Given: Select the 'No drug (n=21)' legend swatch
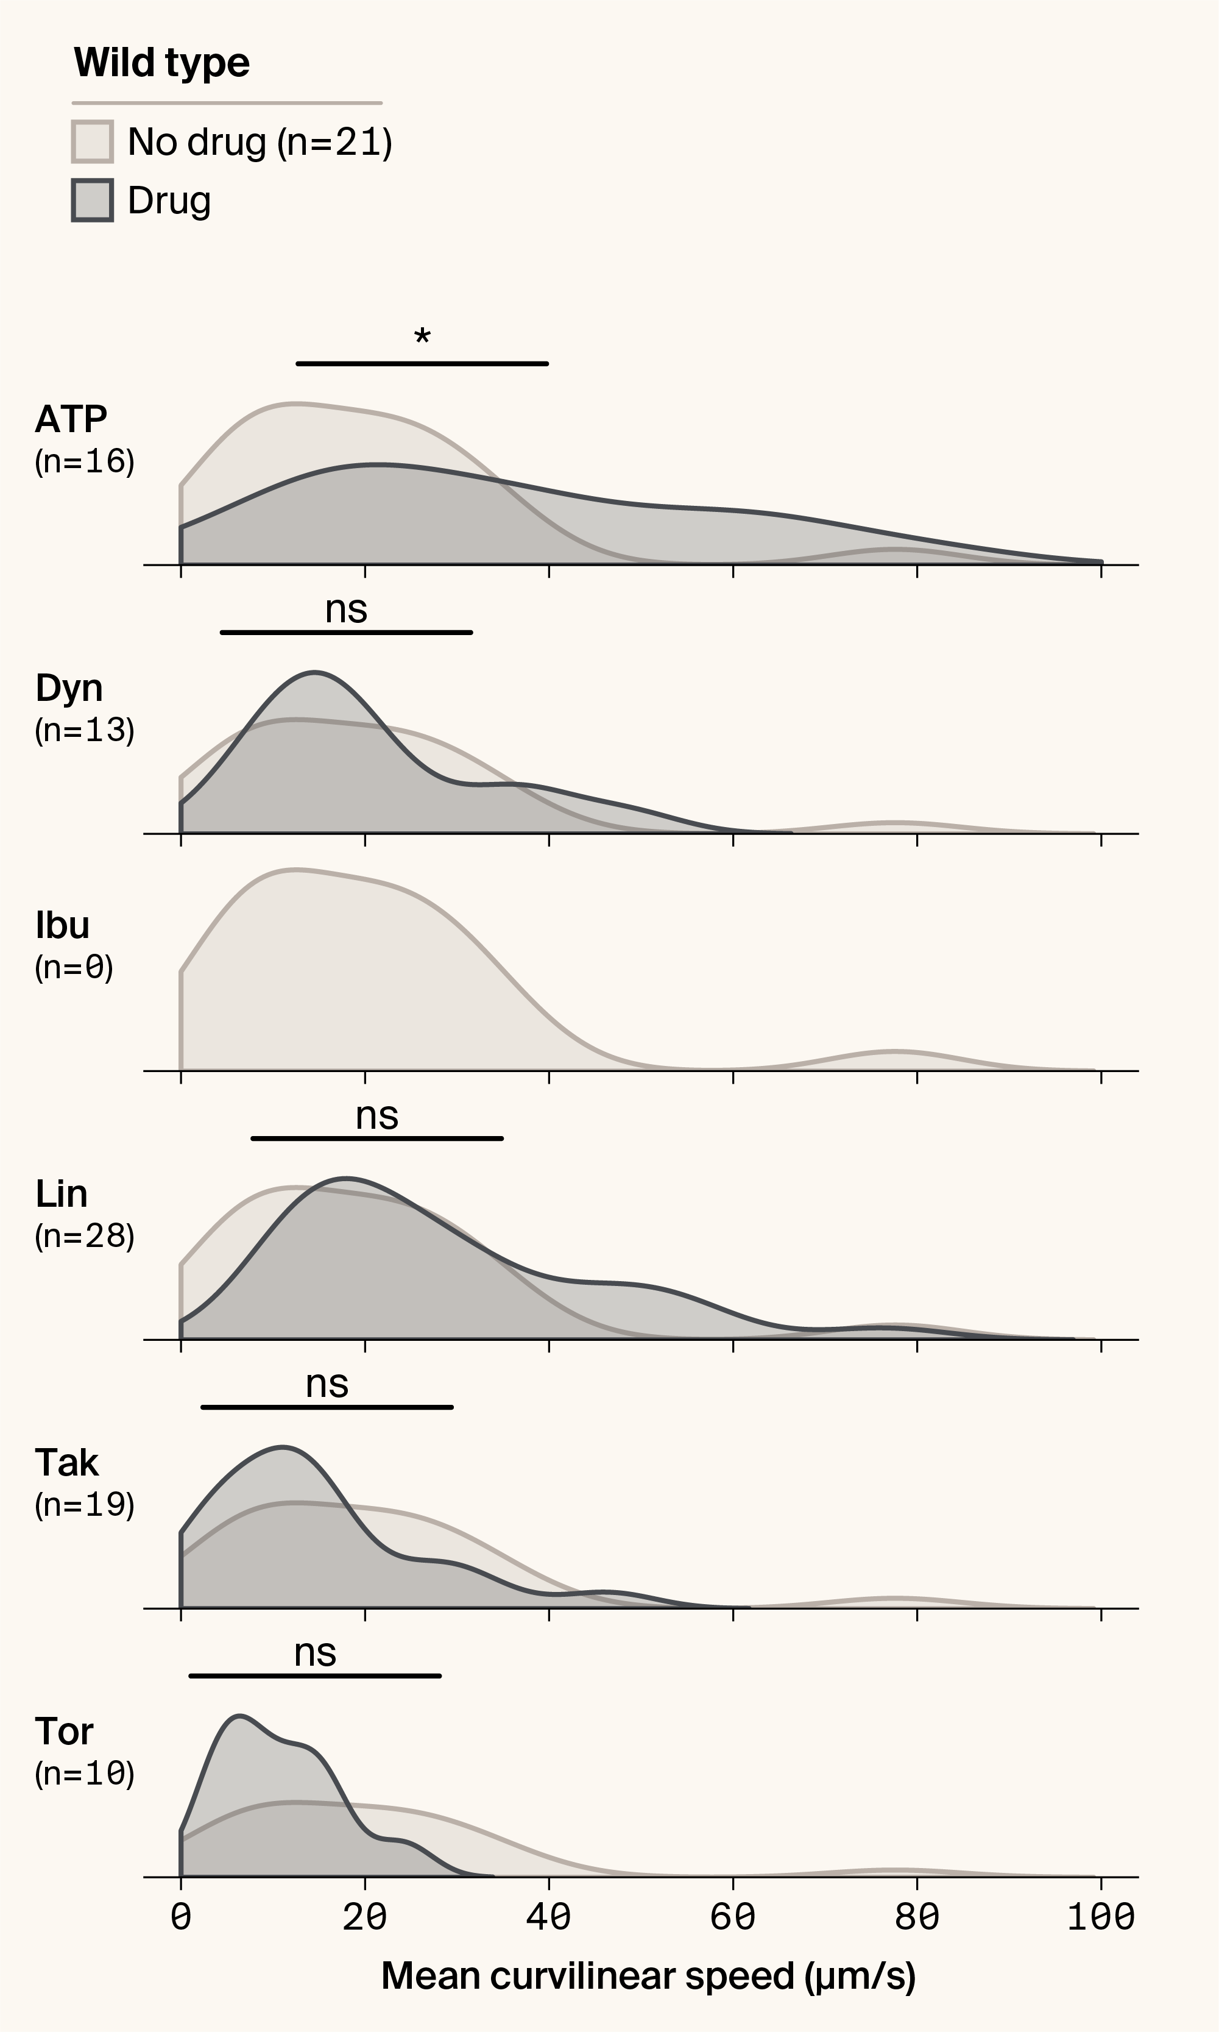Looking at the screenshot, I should [x=92, y=142].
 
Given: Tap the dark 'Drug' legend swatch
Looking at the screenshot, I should [x=92, y=201].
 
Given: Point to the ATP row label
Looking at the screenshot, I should [x=71, y=420].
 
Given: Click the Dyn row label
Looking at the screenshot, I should [x=69, y=689].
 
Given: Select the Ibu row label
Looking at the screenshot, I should [x=62, y=926].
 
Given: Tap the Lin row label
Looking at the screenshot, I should [x=61, y=1195].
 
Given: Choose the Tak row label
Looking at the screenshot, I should [x=66, y=1463].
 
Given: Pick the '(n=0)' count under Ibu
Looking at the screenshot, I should [x=74, y=968].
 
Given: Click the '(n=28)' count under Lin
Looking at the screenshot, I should [x=85, y=1237].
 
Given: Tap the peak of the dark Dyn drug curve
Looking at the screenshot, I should [x=314, y=673].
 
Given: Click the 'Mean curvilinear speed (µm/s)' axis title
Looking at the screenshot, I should [x=648, y=1976].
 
